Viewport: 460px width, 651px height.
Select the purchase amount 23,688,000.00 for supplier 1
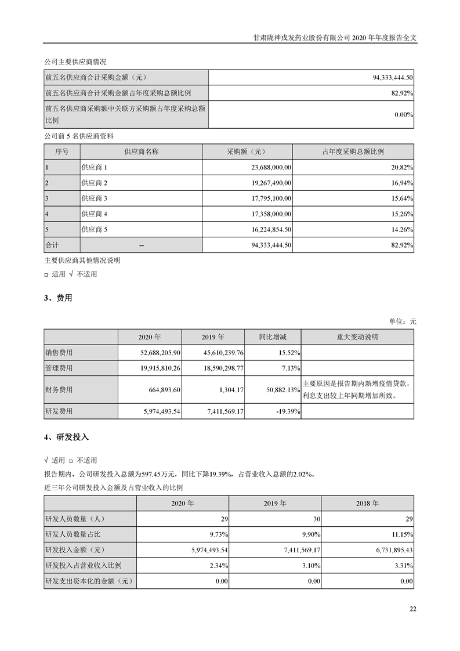coord(269,167)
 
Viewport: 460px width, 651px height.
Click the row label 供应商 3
coord(95,198)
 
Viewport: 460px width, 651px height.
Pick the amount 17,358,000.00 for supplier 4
coord(269,214)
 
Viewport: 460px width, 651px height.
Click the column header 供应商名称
coord(141,151)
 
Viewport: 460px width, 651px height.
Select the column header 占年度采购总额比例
coord(353,151)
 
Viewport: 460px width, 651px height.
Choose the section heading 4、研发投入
coord(66,436)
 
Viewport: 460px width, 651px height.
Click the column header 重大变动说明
coord(357,337)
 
